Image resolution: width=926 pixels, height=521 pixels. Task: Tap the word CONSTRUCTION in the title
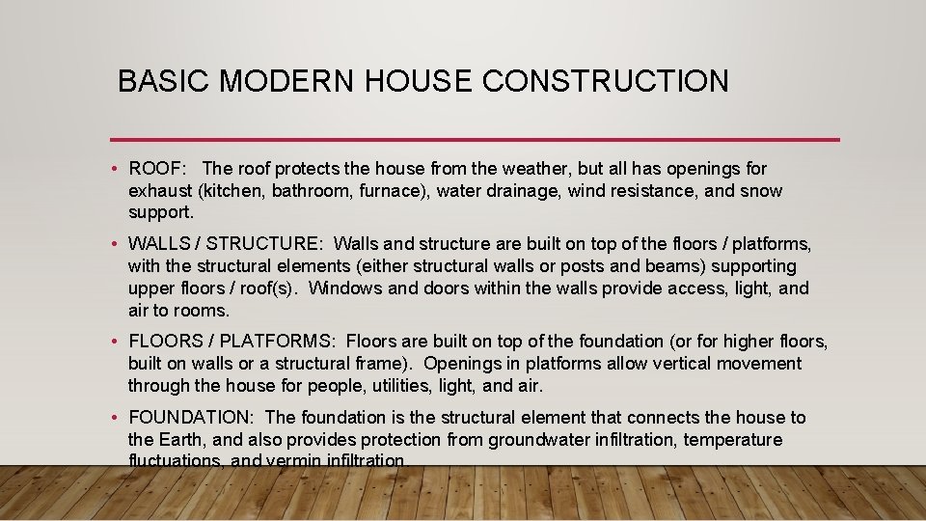(x=606, y=81)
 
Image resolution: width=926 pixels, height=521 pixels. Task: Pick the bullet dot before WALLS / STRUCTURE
(x=115, y=243)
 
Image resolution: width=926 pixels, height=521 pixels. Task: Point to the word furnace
(x=391, y=191)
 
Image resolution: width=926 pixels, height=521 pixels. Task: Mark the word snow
(x=761, y=191)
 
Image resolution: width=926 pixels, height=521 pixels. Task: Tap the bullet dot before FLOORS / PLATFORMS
(x=115, y=342)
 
